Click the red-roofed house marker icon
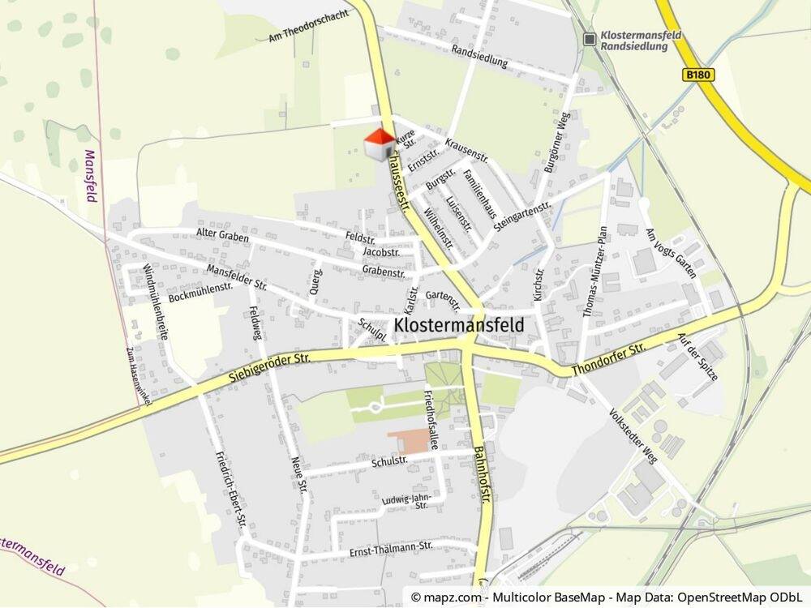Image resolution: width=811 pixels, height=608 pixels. point(378,145)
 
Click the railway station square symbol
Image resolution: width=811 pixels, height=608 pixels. point(590,38)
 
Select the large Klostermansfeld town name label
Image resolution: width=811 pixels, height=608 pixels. point(458,324)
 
